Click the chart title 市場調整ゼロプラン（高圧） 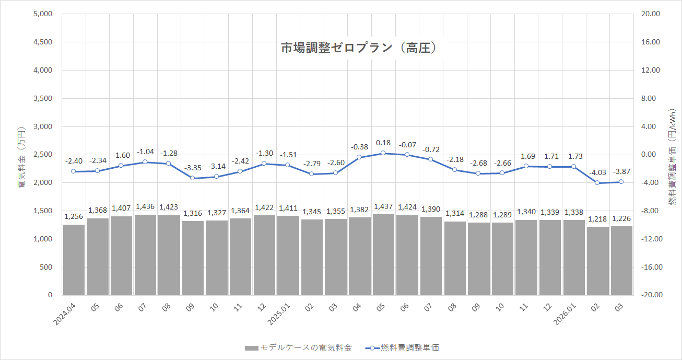(x=359, y=48)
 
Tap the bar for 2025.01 (x=288, y=256)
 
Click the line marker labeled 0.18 (x=383, y=153)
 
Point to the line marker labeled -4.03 (x=597, y=183)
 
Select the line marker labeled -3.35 (x=193, y=178)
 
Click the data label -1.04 (x=145, y=152)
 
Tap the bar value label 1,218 (x=597, y=219)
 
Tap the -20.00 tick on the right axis (x=651, y=295)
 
